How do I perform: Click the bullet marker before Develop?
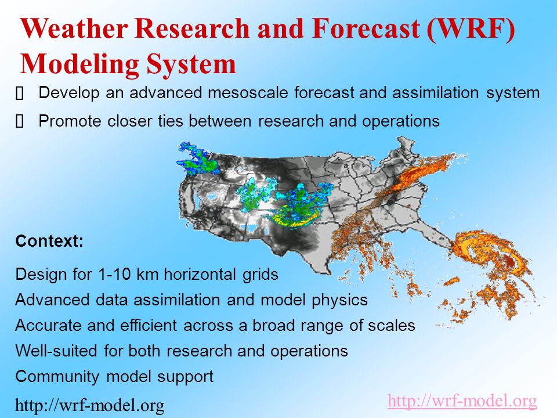[20, 94]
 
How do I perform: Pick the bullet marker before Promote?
[20, 122]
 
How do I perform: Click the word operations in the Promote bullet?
[401, 121]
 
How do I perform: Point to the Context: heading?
[49, 241]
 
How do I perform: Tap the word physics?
[339, 300]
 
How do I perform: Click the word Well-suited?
[56, 351]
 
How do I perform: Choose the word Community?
[57, 377]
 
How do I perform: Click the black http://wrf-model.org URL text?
[90, 405]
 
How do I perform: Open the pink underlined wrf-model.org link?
[462, 401]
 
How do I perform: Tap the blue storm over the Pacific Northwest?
[197, 159]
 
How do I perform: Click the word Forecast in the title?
[367, 28]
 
